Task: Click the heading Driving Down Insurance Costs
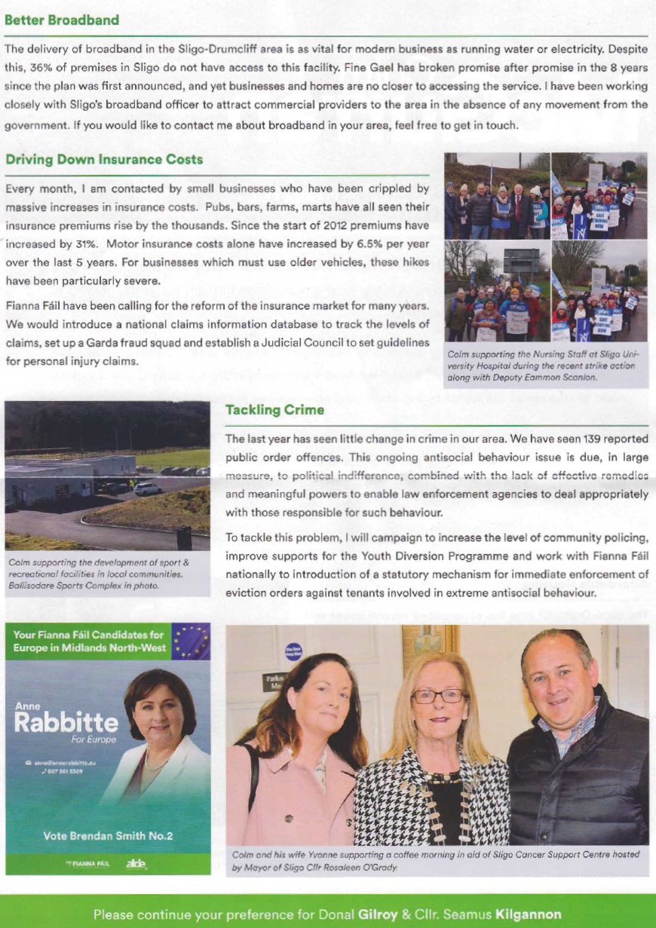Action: [103, 160]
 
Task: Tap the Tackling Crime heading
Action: [274, 410]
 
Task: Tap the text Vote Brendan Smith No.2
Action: [108, 835]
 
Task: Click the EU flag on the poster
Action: [190, 641]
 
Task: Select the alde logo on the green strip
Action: [136, 863]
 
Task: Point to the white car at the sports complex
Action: [148, 488]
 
